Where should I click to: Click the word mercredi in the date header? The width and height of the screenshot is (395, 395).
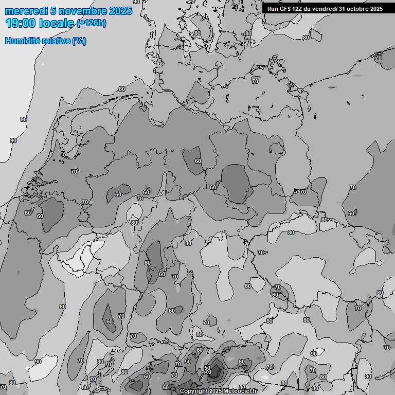point(26,11)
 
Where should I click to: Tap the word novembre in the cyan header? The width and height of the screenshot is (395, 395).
point(78,11)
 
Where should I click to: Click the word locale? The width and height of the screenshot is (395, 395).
point(58,24)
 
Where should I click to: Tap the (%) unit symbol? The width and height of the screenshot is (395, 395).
point(79,41)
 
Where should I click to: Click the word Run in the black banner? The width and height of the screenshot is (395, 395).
point(273,9)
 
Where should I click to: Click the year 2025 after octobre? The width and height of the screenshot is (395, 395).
point(376,9)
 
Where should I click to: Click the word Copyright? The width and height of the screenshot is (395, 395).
point(194,391)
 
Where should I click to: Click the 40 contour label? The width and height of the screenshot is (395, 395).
point(208,372)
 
